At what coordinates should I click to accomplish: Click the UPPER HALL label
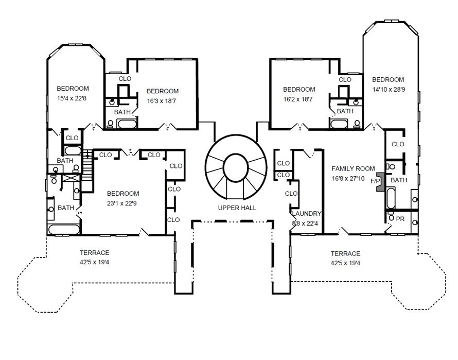click(237, 208)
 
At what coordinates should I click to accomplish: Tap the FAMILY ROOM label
click(354, 169)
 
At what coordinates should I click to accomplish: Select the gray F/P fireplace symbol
click(380, 182)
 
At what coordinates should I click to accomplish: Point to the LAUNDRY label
click(307, 214)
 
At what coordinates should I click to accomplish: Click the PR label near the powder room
click(400, 219)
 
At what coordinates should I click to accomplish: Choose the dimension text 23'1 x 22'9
click(122, 203)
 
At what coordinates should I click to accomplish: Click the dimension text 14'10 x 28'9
click(389, 89)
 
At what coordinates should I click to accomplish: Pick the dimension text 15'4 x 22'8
click(73, 97)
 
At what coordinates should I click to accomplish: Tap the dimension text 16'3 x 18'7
click(162, 101)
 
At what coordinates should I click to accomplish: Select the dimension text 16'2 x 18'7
click(299, 99)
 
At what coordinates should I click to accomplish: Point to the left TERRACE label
click(94, 253)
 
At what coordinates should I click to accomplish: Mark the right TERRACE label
click(345, 254)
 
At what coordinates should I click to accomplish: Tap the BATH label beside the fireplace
click(399, 180)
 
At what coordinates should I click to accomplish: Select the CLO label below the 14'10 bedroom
click(398, 144)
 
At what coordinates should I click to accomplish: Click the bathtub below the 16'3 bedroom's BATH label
click(127, 124)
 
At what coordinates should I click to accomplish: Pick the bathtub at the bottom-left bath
click(64, 228)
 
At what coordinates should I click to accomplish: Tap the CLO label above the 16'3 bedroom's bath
click(125, 79)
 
